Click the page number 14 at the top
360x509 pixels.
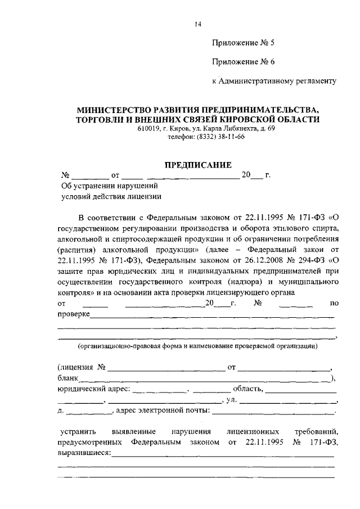point(197,24)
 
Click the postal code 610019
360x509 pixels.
point(148,129)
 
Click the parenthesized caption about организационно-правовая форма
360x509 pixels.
point(197,346)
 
